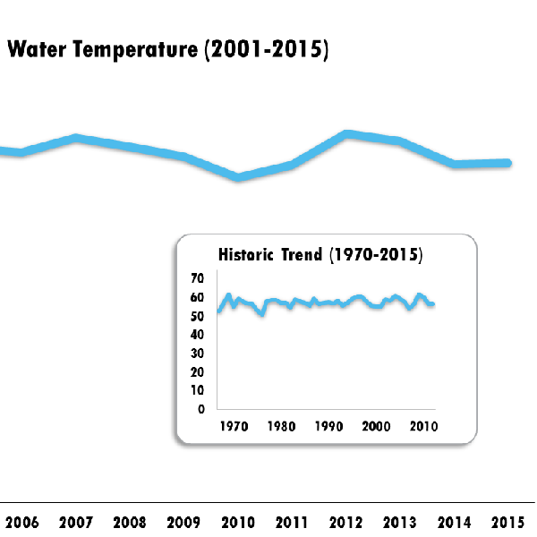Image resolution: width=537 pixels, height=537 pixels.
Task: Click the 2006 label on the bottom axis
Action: click(x=22, y=522)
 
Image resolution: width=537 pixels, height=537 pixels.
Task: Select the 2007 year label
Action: click(x=76, y=522)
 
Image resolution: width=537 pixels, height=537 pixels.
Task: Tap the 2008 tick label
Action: click(x=130, y=522)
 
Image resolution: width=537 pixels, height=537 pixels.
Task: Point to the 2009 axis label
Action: click(x=183, y=522)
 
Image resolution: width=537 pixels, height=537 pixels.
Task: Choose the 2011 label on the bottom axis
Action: click(x=292, y=522)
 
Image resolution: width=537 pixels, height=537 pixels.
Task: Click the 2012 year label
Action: click(x=345, y=522)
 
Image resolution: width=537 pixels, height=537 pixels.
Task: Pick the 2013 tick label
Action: click(x=399, y=522)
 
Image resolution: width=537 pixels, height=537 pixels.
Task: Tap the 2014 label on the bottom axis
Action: click(x=454, y=522)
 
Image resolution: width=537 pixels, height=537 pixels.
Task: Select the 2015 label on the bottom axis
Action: click(x=507, y=522)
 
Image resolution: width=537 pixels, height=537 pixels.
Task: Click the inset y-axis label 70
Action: click(x=198, y=278)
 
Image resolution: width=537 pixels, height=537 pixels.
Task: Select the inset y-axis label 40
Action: click(x=198, y=335)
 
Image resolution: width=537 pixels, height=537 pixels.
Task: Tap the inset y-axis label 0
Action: click(x=201, y=409)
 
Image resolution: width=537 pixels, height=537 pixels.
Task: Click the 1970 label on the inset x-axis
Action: click(x=234, y=426)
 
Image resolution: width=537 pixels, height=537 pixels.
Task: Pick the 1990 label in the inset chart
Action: click(x=328, y=426)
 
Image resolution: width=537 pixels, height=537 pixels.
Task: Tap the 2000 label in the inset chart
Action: click(x=376, y=426)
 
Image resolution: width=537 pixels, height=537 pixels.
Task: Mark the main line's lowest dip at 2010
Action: click(x=239, y=177)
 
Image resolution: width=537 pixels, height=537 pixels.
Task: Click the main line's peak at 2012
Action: click(x=346, y=133)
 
